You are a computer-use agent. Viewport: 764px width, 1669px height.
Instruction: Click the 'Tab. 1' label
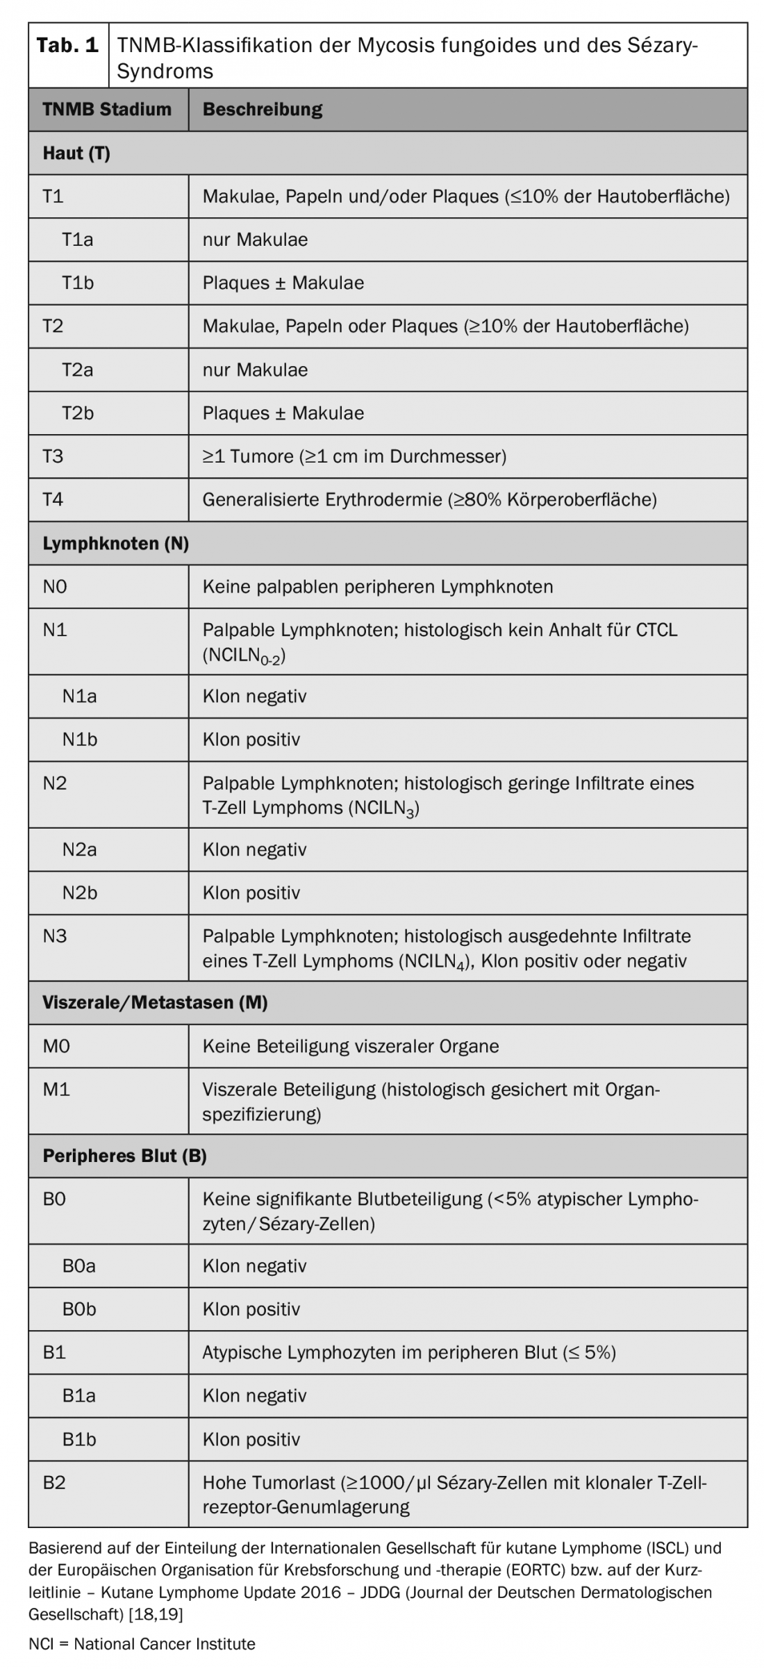point(67,46)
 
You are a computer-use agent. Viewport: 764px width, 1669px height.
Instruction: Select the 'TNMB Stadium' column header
point(106,109)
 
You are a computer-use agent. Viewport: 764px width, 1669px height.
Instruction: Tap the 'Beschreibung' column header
point(262,109)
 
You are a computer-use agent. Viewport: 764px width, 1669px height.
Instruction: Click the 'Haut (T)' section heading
point(76,153)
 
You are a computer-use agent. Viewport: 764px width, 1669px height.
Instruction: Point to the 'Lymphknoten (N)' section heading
point(115,543)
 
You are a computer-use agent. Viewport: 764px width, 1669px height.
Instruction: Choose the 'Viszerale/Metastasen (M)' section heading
point(155,1002)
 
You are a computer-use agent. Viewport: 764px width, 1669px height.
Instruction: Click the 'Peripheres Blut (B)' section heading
point(124,1156)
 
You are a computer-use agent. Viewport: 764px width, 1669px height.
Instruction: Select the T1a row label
point(77,240)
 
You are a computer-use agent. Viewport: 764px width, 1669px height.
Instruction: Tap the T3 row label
point(53,456)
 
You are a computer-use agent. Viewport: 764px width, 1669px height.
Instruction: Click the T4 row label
point(53,499)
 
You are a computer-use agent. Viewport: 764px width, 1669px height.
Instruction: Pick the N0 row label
point(55,587)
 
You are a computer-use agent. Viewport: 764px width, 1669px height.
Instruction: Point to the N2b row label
point(79,892)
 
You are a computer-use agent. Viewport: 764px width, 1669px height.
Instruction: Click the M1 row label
point(56,1089)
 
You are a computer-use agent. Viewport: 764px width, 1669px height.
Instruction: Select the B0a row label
point(78,1265)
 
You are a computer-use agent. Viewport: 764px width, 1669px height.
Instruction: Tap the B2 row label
point(54,1482)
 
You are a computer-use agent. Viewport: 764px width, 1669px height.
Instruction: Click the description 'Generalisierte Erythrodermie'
point(429,499)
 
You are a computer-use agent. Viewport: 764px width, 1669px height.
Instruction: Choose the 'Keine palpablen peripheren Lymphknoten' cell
point(377,587)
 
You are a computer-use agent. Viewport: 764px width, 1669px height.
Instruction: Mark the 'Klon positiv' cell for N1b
point(251,739)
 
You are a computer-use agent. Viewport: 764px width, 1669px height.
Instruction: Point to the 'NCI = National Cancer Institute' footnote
point(142,1644)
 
